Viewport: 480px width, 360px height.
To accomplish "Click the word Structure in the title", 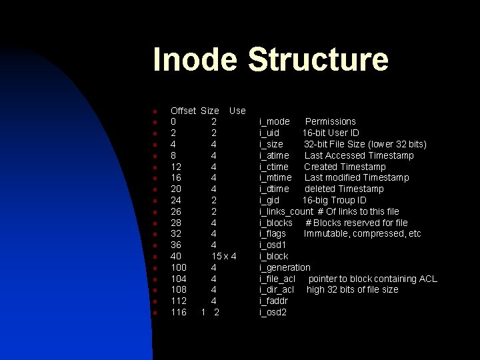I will pyautogui.click(x=317, y=59).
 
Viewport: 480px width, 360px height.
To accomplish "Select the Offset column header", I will pyautogui.click(x=183, y=110).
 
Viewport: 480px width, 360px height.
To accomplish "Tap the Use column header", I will pyautogui.click(x=237, y=110).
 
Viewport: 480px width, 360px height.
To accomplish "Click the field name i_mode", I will pyautogui.click(x=275, y=121).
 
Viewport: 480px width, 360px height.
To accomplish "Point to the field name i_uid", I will pyautogui.click(x=270, y=133).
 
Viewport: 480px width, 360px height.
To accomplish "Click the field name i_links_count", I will pyautogui.click(x=286, y=211).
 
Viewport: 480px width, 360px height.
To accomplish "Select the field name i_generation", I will pyautogui.click(x=285, y=267).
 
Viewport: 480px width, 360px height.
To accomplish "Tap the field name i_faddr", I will pyautogui.click(x=273, y=301).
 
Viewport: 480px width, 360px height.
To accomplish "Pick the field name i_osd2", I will pyautogui.click(x=273, y=312).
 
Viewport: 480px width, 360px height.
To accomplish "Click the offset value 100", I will pyautogui.click(x=179, y=267).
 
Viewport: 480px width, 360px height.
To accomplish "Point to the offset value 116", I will pyautogui.click(x=179, y=312).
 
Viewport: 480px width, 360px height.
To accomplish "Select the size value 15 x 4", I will pyautogui.click(x=224, y=256).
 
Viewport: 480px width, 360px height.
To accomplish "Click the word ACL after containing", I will pyautogui.click(x=427, y=279).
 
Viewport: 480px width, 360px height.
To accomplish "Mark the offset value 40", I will pyautogui.click(x=176, y=256).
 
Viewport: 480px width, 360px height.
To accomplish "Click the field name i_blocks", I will pyautogui.click(x=276, y=223).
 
